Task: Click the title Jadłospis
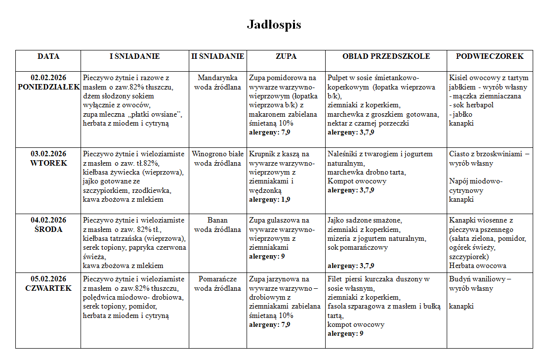tap(274, 25)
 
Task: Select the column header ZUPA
tap(286, 56)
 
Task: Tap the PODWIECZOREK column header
tap(489, 56)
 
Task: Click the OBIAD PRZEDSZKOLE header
tap(386, 56)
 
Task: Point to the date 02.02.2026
tap(48, 78)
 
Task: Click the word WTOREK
tap(48, 163)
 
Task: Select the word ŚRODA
tap(48, 229)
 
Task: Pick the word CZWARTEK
tap(48, 288)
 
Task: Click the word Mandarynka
tap(217, 78)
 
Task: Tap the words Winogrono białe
tap(217, 154)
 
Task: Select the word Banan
tap(217, 220)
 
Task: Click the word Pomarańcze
tap(217, 279)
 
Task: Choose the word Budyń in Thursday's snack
tap(460, 279)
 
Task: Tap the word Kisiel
tap(460, 78)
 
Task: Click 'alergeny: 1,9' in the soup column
tap(270, 200)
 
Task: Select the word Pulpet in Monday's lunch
tap(338, 78)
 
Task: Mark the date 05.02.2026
tap(48, 279)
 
